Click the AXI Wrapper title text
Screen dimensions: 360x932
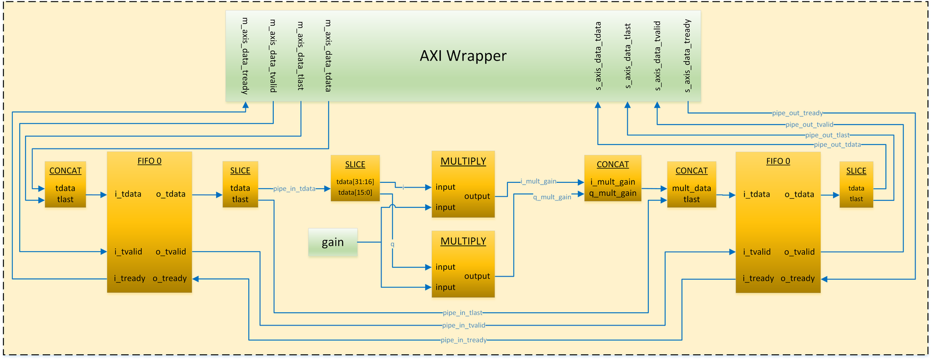[463, 56]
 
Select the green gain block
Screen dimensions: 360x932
[333, 242]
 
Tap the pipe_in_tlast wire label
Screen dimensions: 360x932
[463, 313]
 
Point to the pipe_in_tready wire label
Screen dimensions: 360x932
[464, 340]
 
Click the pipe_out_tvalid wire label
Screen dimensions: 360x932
[809, 124]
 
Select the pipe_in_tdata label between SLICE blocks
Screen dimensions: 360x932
[294, 189]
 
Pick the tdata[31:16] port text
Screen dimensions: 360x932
[355, 182]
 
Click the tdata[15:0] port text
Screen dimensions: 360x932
[355, 192]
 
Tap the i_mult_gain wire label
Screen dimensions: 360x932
[538, 182]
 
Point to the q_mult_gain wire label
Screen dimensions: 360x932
[552, 197]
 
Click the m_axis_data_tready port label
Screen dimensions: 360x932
[245, 56]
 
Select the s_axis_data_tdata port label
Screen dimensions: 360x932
[598, 56]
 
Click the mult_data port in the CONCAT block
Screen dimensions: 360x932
[691, 188]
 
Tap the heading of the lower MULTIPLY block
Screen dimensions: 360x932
[463, 241]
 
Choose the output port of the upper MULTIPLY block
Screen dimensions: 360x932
[477, 196]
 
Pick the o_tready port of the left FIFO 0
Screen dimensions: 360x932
[170, 278]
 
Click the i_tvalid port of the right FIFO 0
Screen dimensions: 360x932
[757, 252]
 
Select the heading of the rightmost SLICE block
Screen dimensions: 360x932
[856, 171]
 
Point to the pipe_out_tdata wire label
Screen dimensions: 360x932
[837, 144]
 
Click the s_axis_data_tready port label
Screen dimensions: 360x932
[687, 56]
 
